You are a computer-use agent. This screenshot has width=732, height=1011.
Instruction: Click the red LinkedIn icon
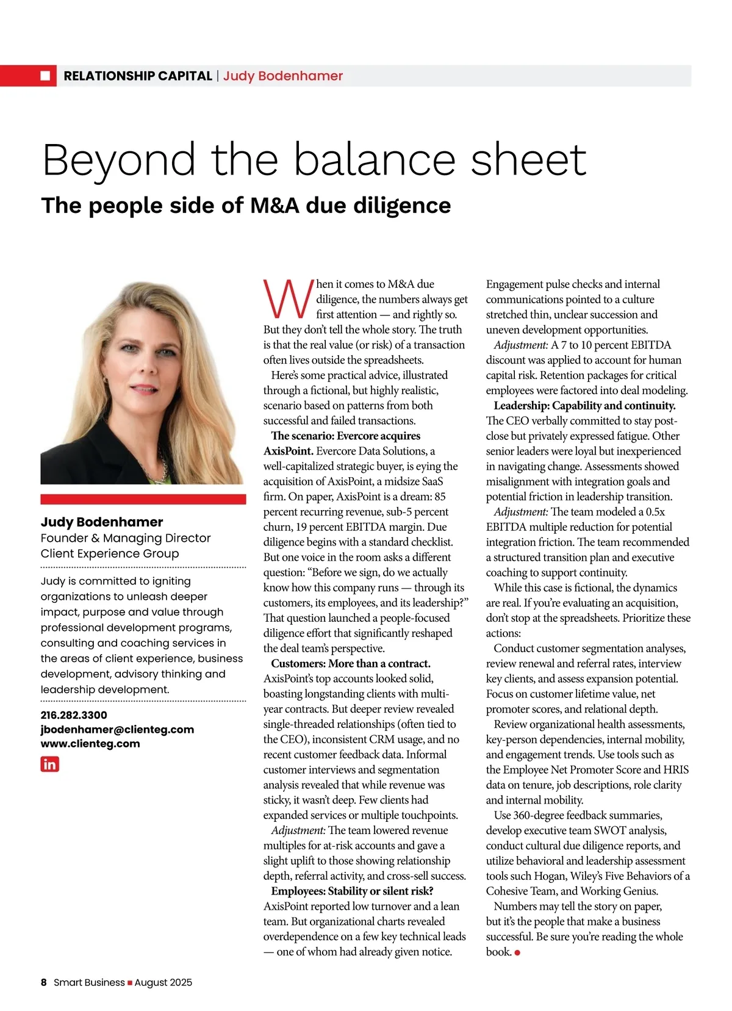pyautogui.click(x=50, y=764)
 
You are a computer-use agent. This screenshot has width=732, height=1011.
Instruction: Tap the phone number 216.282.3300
pyautogui.click(x=74, y=715)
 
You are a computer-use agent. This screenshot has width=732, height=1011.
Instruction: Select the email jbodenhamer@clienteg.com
pyautogui.click(x=117, y=729)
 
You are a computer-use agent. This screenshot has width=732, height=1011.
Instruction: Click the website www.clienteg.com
pyautogui.click(x=90, y=744)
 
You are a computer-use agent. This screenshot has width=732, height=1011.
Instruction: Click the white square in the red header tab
pyautogui.click(x=46, y=76)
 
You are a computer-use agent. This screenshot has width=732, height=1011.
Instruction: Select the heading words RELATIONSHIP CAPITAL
pyautogui.click(x=138, y=76)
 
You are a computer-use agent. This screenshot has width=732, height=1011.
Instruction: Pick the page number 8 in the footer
pyautogui.click(x=44, y=982)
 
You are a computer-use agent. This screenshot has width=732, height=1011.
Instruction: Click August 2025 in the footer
pyautogui.click(x=163, y=982)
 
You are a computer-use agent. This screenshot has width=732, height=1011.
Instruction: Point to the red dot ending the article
pyautogui.click(x=517, y=952)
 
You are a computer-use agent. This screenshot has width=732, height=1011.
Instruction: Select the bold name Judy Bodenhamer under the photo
pyautogui.click(x=102, y=522)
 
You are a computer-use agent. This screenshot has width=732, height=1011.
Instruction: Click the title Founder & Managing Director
pyautogui.click(x=126, y=538)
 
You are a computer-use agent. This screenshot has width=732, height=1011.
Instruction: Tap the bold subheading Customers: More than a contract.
pyautogui.click(x=351, y=663)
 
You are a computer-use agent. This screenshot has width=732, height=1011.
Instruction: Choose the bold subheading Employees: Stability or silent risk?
pyautogui.click(x=352, y=891)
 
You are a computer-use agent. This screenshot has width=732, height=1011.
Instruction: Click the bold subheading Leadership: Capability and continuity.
pyautogui.click(x=584, y=406)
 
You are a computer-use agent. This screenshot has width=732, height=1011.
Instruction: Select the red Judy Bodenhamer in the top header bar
pyautogui.click(x=283, y=76)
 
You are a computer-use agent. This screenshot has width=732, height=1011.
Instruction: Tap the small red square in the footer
pyautogui.click(x=130, y=982)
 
